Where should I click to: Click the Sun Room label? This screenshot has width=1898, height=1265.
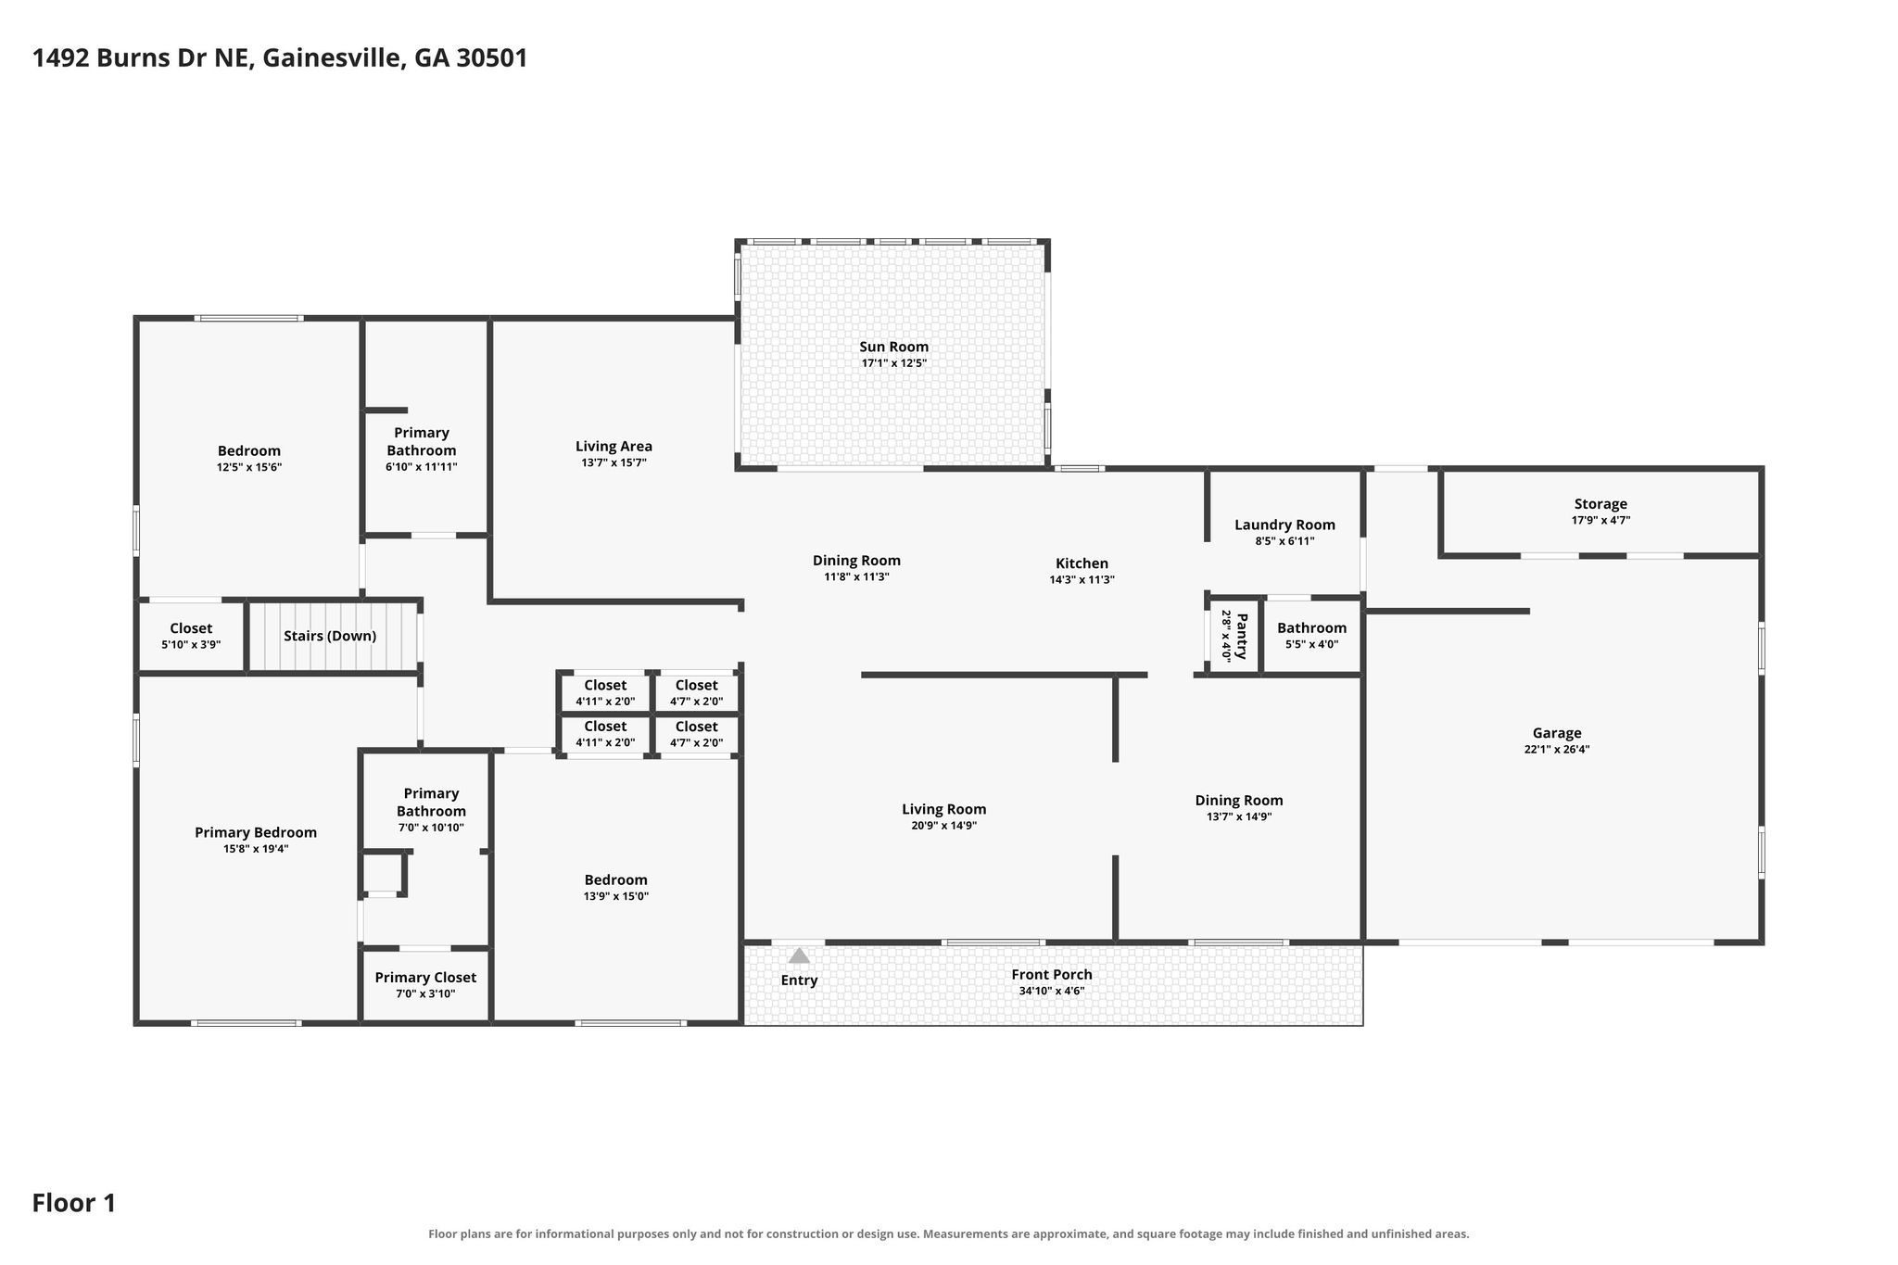[893, 347]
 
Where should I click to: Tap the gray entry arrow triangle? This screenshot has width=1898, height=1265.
[799, 955]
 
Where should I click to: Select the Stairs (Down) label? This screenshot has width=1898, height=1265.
[330, 636]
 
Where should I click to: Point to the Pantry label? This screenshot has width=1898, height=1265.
[1242, 636]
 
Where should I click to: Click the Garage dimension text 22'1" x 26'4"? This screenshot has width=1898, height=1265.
[1557, 750]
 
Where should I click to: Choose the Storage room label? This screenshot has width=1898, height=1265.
[1601, 504]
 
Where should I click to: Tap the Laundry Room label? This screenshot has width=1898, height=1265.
[1284, 525]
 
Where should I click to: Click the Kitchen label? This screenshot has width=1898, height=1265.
[1082, 563]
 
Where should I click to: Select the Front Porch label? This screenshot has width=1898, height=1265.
[1052, 974]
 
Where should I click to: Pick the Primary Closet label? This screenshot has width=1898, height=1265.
[425, 977]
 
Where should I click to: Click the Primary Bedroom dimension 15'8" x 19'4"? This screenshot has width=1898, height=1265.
[255, 849]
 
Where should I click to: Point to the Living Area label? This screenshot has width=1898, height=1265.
[614, 446]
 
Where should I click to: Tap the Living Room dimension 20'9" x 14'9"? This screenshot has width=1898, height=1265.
[943, 826]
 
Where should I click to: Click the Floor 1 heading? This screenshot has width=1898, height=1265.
[74, 1203]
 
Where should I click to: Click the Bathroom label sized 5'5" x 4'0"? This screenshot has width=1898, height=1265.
[1311, 627]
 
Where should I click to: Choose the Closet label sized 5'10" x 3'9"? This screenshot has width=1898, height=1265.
[191, 628]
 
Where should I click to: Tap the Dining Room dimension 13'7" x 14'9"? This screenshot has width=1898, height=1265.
[1238, 817]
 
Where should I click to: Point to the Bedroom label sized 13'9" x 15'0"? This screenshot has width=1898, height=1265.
[615, 879]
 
